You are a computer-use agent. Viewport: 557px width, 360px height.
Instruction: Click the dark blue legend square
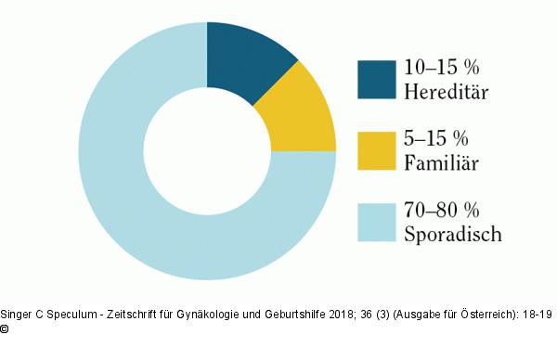[x=377, y=80]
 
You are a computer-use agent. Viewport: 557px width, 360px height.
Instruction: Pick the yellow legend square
[x=377, y=151]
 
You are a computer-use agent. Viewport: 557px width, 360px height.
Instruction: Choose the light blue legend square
[x=377, y=223]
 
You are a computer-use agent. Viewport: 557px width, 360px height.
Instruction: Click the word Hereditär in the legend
[x=447, y=91]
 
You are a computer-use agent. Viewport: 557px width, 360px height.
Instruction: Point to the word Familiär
[x=442, y=162]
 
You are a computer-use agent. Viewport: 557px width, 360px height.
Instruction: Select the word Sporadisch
[x=453, y=234]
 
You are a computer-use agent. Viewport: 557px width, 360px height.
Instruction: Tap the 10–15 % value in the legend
[x=442, y=67]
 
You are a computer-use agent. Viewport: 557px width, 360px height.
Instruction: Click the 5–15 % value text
[x=436, y=138]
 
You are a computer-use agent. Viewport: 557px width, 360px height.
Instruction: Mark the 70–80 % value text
[x=442, y=210]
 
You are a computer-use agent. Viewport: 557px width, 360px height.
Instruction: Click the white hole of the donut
[x=207, y=151]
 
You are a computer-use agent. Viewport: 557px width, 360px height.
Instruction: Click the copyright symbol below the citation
[x=5, y=329]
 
